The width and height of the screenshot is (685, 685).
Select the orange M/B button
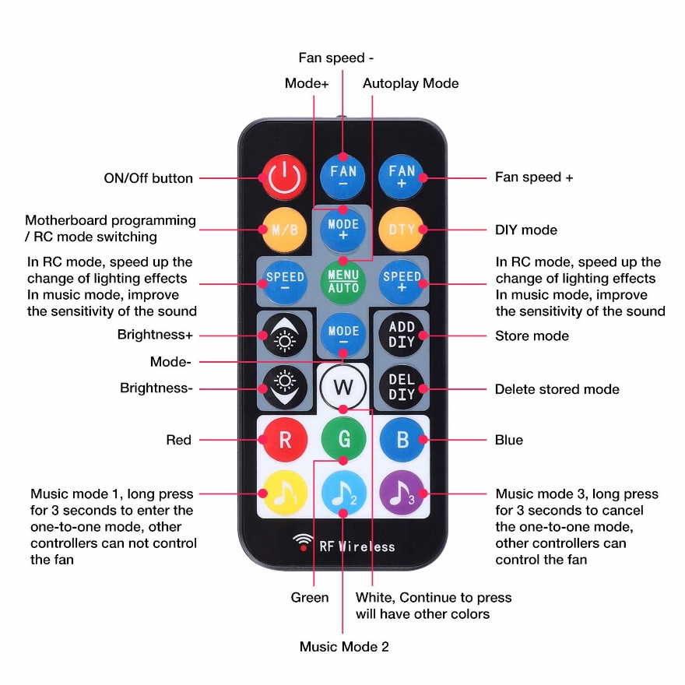pos(284,230)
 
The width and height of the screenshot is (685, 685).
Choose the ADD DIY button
pos(402,335)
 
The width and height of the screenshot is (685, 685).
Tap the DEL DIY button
pos(402,387)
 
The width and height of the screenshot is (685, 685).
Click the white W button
pos(343,387)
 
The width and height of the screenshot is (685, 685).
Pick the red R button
pos(284,440)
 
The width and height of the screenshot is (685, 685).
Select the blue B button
pos(402,440)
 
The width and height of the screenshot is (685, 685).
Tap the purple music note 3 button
pos(402,494)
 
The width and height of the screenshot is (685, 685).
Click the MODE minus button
pos(343,335)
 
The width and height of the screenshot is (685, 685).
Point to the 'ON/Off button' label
pos(148,178)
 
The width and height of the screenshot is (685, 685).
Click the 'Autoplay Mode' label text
pos(410,83)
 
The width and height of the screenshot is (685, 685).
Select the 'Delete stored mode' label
pos(557,388)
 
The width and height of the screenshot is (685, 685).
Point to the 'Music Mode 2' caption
pos(344,647)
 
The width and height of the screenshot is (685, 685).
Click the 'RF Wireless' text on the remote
pos(357,546)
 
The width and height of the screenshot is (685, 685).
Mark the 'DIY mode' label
pos(526,230)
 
